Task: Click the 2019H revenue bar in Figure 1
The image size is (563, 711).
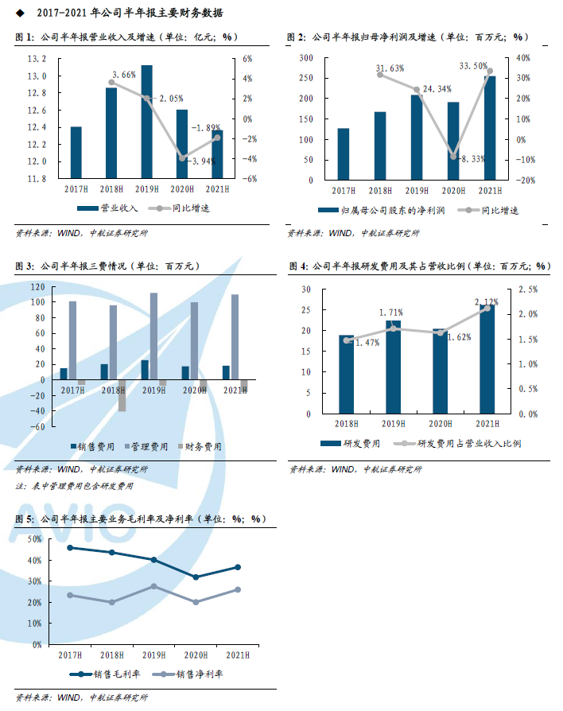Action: coord(147,121)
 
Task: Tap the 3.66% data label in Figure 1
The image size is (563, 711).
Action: coord(124,74)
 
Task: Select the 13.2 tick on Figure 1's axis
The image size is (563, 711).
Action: coord(37,60)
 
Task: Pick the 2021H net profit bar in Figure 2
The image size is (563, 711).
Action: coord(489,127)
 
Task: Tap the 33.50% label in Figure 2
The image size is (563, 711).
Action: coord(474,66)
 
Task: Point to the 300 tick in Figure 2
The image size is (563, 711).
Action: coord(304,59)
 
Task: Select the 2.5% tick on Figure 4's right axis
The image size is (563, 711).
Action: coord(526,289)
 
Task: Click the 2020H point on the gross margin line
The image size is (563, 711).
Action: coord(196,577)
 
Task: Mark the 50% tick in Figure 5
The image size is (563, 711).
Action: coord(33,539)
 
